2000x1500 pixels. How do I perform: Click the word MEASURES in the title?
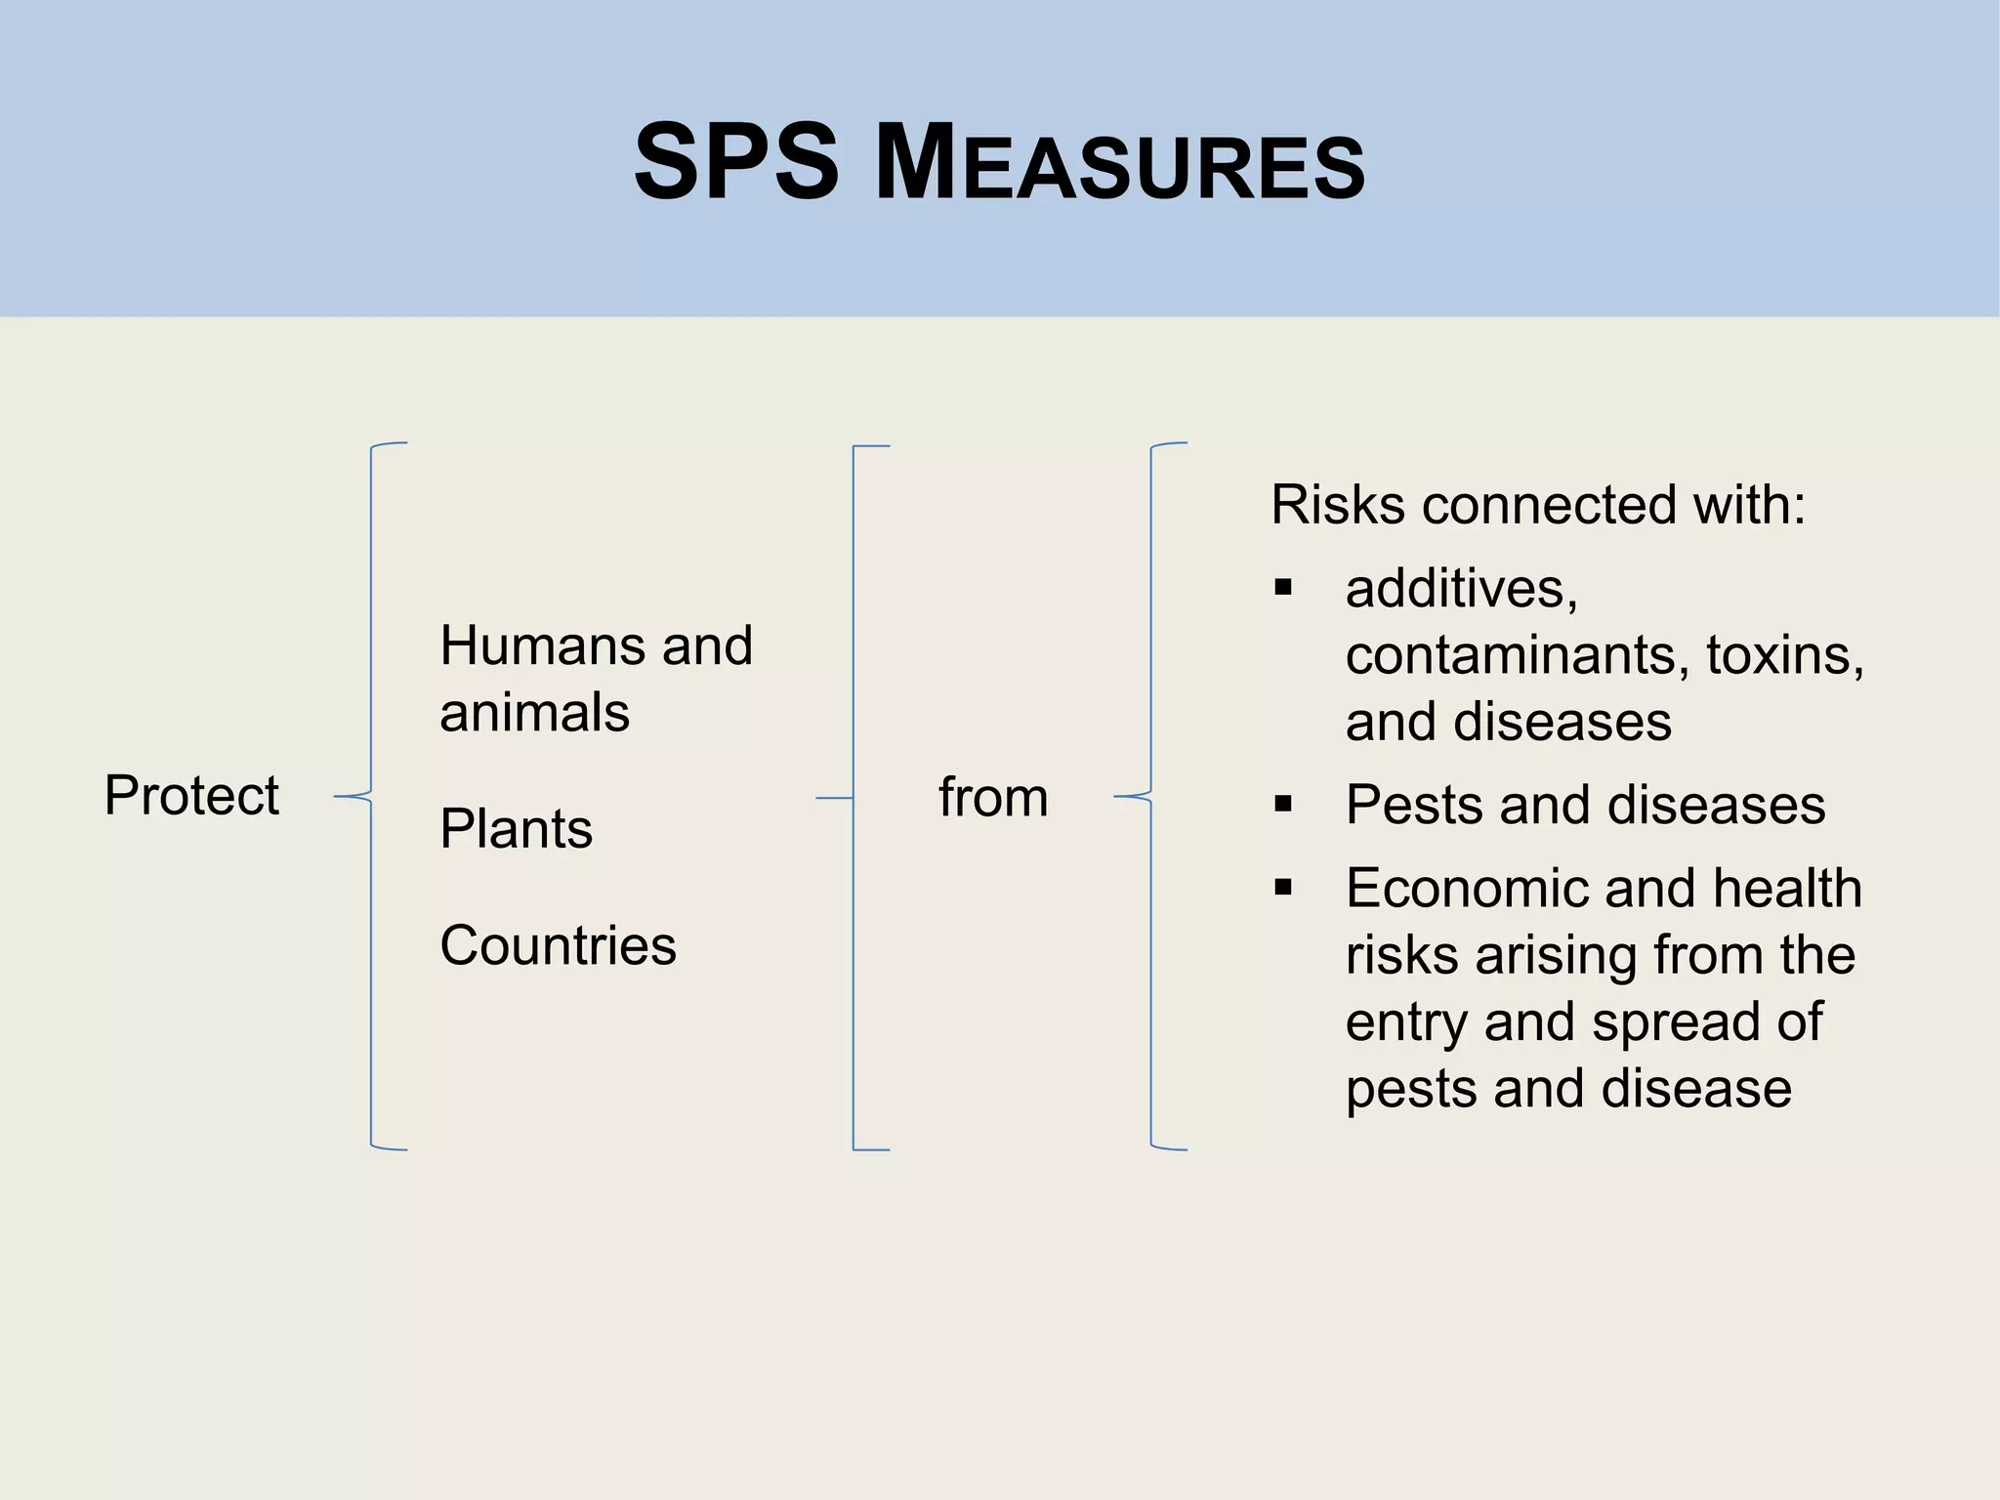(1120, 163)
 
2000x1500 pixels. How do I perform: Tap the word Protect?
(191, 795)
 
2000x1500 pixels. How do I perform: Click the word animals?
(534, 712)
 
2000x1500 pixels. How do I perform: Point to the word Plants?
(516, 829)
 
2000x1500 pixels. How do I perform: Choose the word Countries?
(558, 945)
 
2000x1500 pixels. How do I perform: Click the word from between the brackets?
(993, 797)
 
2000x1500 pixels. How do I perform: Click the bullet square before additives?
(1283, 588)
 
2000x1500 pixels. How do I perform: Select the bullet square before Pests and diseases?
(1283, 805)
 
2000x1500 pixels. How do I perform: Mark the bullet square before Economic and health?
(1283, 888)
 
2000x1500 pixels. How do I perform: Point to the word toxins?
(1784, 655)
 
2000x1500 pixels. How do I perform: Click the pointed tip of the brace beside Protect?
(337, 797)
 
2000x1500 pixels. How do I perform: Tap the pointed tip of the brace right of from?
(1117, 797)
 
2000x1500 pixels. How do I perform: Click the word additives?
(1460, 589)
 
